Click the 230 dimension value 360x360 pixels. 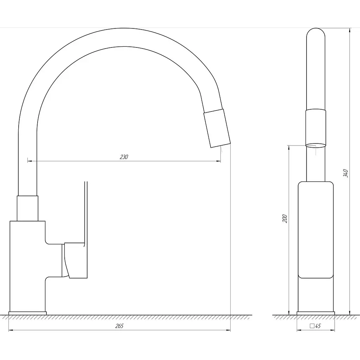[124, 157]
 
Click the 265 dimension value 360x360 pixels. [120, 326]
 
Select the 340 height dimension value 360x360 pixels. [346, 173]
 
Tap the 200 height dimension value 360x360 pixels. [285, 218]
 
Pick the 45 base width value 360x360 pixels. [318, 326]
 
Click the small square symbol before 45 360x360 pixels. [312, 326]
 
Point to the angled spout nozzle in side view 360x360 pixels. [217, 128]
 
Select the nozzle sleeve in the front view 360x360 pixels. [316, 127]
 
